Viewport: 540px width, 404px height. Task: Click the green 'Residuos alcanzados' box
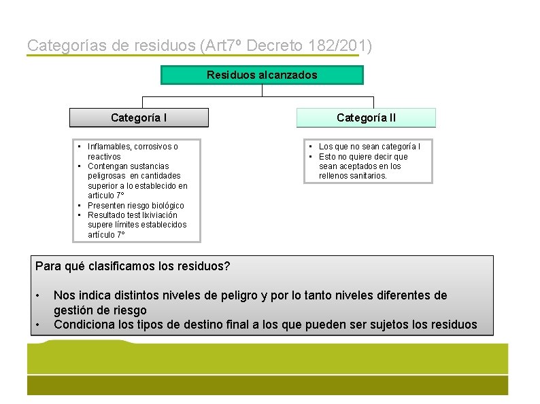(262, 75)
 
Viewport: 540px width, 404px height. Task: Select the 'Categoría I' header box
(139, 117)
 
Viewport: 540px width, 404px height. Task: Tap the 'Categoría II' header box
(366, 117)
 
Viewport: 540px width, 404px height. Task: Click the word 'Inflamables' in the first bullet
(109, 147)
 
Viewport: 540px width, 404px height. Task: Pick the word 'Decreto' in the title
(271, 46)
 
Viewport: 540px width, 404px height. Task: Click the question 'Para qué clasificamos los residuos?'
(133, 265)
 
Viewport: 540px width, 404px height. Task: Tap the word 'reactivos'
(104, 156)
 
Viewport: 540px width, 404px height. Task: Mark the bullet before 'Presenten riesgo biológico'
(80, 205)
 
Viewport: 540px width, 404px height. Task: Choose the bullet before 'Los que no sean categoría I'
(310, 147)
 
